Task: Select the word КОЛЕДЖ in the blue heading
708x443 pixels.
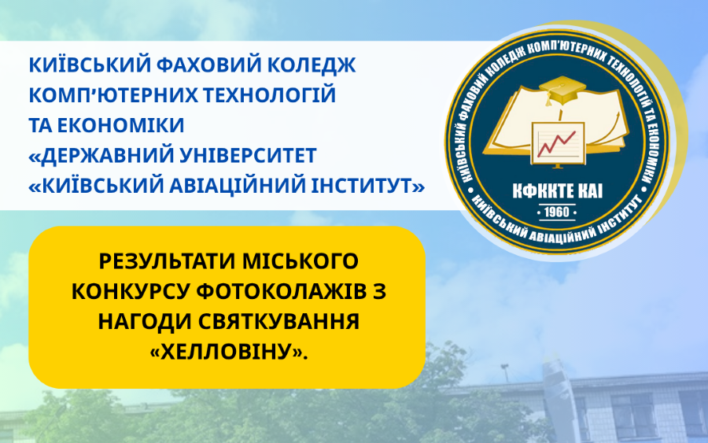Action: (x=311, y=66)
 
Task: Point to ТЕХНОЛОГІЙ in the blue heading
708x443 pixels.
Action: (x=270, y=94)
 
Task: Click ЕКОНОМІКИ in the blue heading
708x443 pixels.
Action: (x=121, y=126)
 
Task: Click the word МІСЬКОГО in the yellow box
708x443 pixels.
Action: (x=301, y=261)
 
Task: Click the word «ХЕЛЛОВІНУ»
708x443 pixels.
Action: (x=228, y=352)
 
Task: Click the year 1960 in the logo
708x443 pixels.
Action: (x=557, y=212)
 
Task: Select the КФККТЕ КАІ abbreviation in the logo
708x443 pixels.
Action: (x=558, y=191)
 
